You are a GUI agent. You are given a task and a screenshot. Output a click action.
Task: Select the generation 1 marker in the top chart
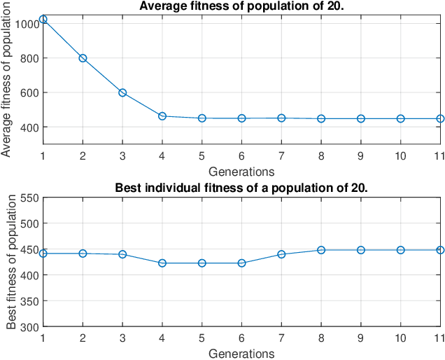43,20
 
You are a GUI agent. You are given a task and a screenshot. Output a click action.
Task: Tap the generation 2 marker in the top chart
83,58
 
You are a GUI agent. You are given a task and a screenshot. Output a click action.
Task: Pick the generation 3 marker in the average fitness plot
122,92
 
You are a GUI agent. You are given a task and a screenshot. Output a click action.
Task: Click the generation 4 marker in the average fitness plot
162,116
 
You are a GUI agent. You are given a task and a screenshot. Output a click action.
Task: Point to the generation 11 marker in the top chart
440,119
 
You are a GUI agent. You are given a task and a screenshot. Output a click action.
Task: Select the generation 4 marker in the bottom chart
162,263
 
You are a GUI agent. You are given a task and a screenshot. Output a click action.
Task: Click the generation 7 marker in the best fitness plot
281,254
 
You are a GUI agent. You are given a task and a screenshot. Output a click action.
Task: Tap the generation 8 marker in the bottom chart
321,250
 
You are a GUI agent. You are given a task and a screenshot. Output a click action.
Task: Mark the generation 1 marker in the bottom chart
43,254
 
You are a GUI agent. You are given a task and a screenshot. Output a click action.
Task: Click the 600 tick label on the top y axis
30,92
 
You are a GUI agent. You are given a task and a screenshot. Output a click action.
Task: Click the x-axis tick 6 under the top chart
241,156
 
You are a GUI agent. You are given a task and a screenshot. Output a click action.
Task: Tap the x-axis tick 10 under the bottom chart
400,338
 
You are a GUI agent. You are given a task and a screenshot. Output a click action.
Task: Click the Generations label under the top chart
241,170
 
